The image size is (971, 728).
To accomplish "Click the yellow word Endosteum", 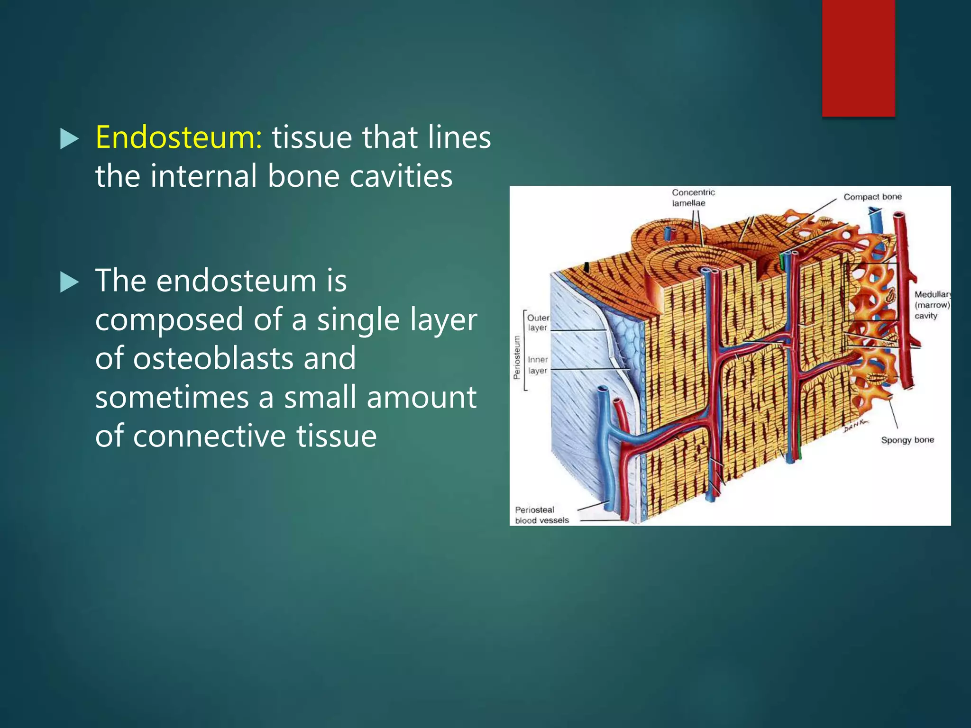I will coord(178,138).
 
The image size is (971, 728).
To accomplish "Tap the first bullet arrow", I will coord(70,140).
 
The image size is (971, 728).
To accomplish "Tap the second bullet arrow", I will coord(70,283).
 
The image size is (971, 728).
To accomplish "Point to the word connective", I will coord(209,436).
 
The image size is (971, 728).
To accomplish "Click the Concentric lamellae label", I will coord(692,198).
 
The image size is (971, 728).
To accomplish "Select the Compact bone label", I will coord(872,197).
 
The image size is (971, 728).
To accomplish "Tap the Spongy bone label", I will coord(907,440).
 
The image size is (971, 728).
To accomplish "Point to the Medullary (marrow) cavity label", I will coord(932,305).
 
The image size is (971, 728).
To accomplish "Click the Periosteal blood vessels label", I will coord(541,515).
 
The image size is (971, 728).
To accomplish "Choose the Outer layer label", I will coord(538,323).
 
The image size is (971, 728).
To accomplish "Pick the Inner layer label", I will coord(538,365).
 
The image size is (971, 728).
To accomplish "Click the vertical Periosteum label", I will coord(517,357).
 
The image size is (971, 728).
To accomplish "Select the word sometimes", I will coord(172,397).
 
